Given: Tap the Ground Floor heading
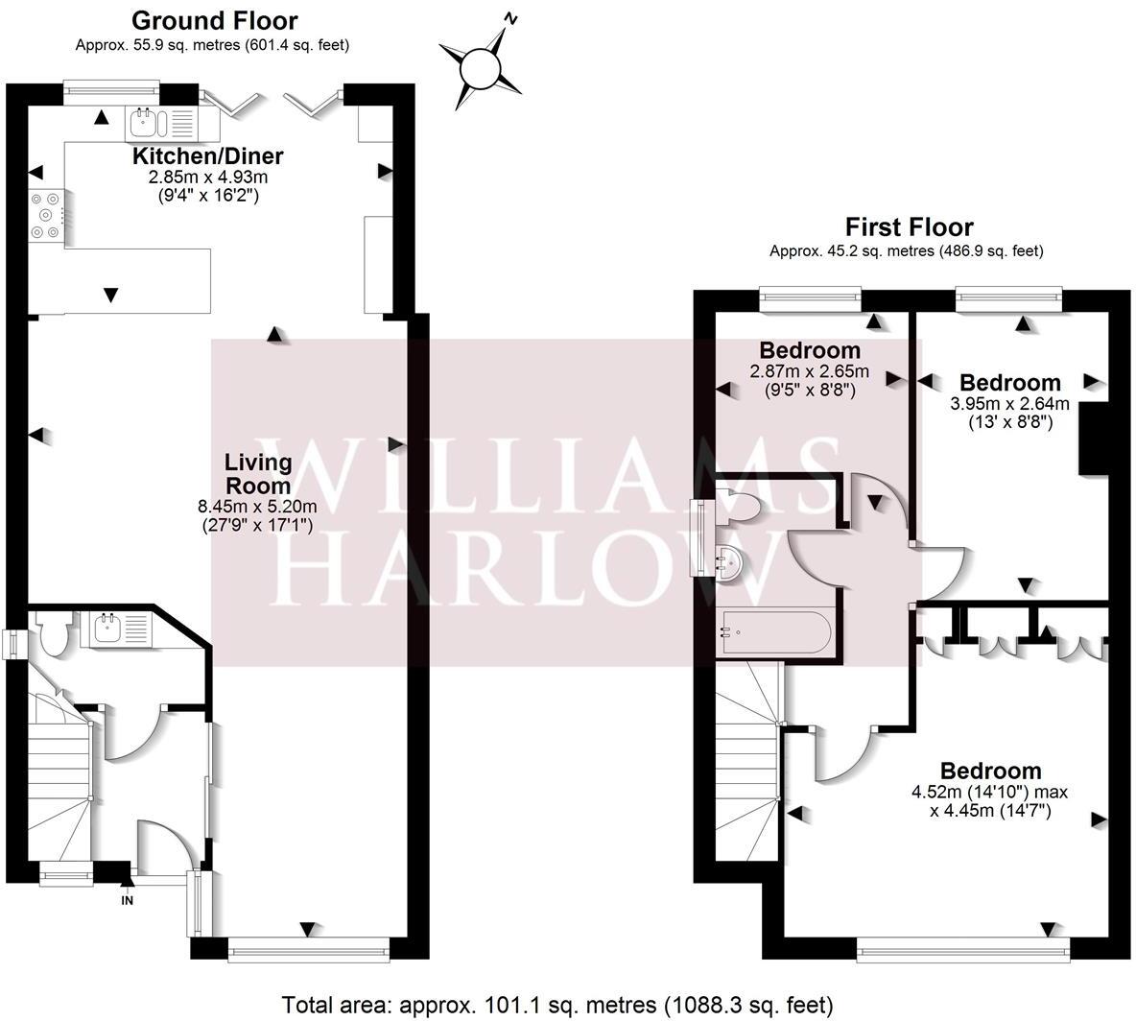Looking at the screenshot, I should coord(214,20).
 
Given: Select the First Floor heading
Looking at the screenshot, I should coord(908,227).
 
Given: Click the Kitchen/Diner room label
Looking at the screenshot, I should coord(207,156).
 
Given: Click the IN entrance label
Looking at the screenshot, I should coord(127,900).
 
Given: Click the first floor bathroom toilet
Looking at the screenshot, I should coord(738,507).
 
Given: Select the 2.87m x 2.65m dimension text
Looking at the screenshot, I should coord(809,371).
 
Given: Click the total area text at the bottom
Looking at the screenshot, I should coord(556,1005).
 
